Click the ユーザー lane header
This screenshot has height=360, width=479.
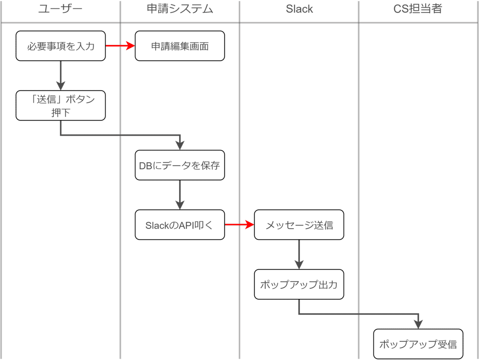[x=60, y=9]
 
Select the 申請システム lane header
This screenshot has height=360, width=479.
[x=180, y=9]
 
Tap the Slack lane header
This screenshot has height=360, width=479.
[x=299, y=9]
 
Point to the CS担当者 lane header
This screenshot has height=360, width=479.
[x=418, y=9]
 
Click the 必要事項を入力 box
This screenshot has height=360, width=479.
[x=61, y=46]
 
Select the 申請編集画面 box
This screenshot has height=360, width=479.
[x=180, y=46]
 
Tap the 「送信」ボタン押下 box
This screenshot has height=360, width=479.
[x=61, y=105]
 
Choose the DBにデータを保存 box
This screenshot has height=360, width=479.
[x=180, y=165]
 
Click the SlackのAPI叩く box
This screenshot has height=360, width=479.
[x=180, y=225]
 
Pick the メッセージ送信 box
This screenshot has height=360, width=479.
[x=299, y=225]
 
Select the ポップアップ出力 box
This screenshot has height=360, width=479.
[x=299, y=284]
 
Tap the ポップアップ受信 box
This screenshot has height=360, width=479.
[x=418, y=344]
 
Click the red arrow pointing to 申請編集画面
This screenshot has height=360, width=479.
[x=120, y=46]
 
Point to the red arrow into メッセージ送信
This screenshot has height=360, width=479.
[x=239, y=225]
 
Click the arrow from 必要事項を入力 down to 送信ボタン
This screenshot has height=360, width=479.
[x=61, y=76]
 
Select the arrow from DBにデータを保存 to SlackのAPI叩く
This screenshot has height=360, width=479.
[x=180, y=195]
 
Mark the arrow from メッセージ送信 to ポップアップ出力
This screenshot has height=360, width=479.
[x=299, y=255]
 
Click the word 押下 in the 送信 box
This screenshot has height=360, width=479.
[x=61, y=113]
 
